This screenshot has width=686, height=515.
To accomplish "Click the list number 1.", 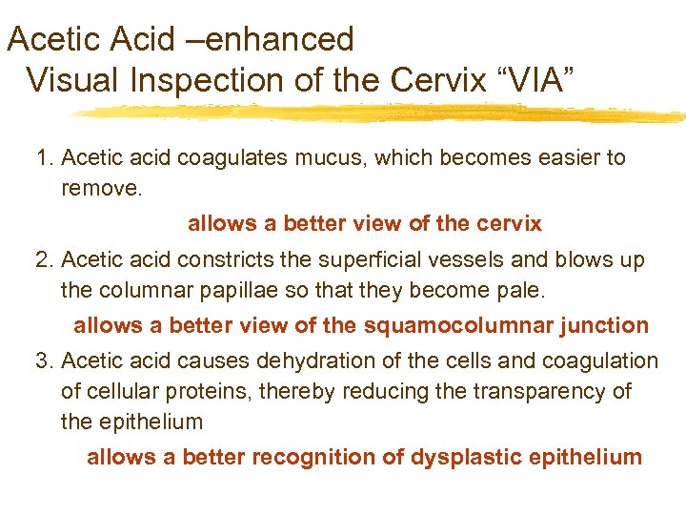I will point(43,157).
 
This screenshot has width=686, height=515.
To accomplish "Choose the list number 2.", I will point(43,259).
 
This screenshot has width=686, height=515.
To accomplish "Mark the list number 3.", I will point(43,360).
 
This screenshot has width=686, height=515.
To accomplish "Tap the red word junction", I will point(602,325).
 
